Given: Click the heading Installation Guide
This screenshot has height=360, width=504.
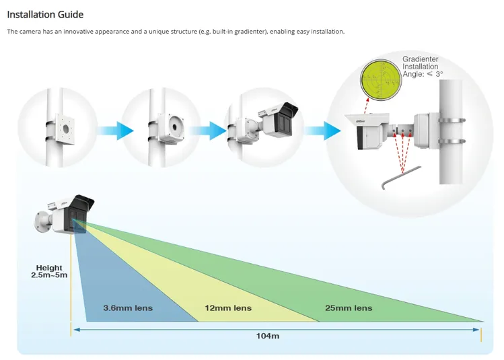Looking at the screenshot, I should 45,14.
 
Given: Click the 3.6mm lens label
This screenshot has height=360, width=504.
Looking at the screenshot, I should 128,308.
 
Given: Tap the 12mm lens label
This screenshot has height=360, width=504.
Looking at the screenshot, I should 228,308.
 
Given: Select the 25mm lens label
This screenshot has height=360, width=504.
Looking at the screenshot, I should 349,308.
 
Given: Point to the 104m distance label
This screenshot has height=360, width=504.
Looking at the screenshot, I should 268,335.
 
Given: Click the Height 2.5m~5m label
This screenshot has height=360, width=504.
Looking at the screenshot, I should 49,272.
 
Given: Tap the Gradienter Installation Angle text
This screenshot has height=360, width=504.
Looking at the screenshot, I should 422,67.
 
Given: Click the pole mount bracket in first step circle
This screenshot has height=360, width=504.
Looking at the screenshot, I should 67,127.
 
